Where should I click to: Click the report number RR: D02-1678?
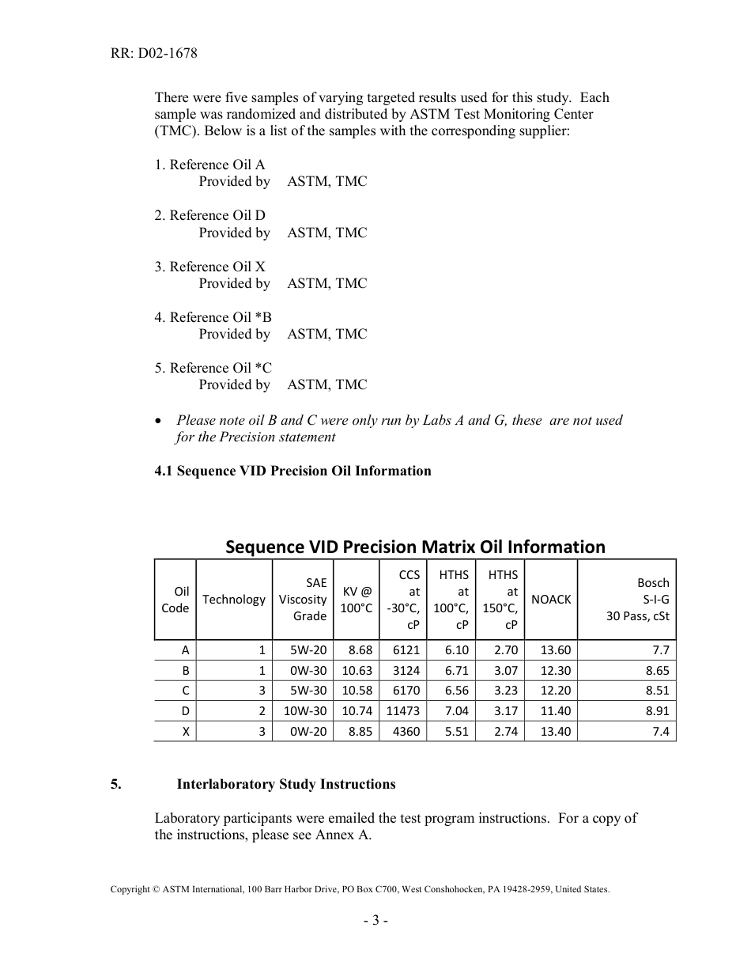point(153,54)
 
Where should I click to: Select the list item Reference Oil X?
point(209,267)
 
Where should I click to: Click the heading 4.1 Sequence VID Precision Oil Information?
point(292,471)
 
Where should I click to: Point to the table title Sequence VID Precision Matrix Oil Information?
point(415,547)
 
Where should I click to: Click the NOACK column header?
point(551,599)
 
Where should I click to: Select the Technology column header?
point(233,599)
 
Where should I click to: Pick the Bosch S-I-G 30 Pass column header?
point(637,599)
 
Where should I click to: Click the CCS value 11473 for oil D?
point(402,711)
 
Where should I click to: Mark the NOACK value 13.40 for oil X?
point(555,732)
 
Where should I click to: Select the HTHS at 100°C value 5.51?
point(456,732)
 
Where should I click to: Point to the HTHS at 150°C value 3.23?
point(505,691)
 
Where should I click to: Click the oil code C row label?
point(185,691)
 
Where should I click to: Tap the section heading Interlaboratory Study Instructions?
point(285,785)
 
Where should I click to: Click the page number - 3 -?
point(375,920)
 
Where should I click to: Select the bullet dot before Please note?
point(160,421)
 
